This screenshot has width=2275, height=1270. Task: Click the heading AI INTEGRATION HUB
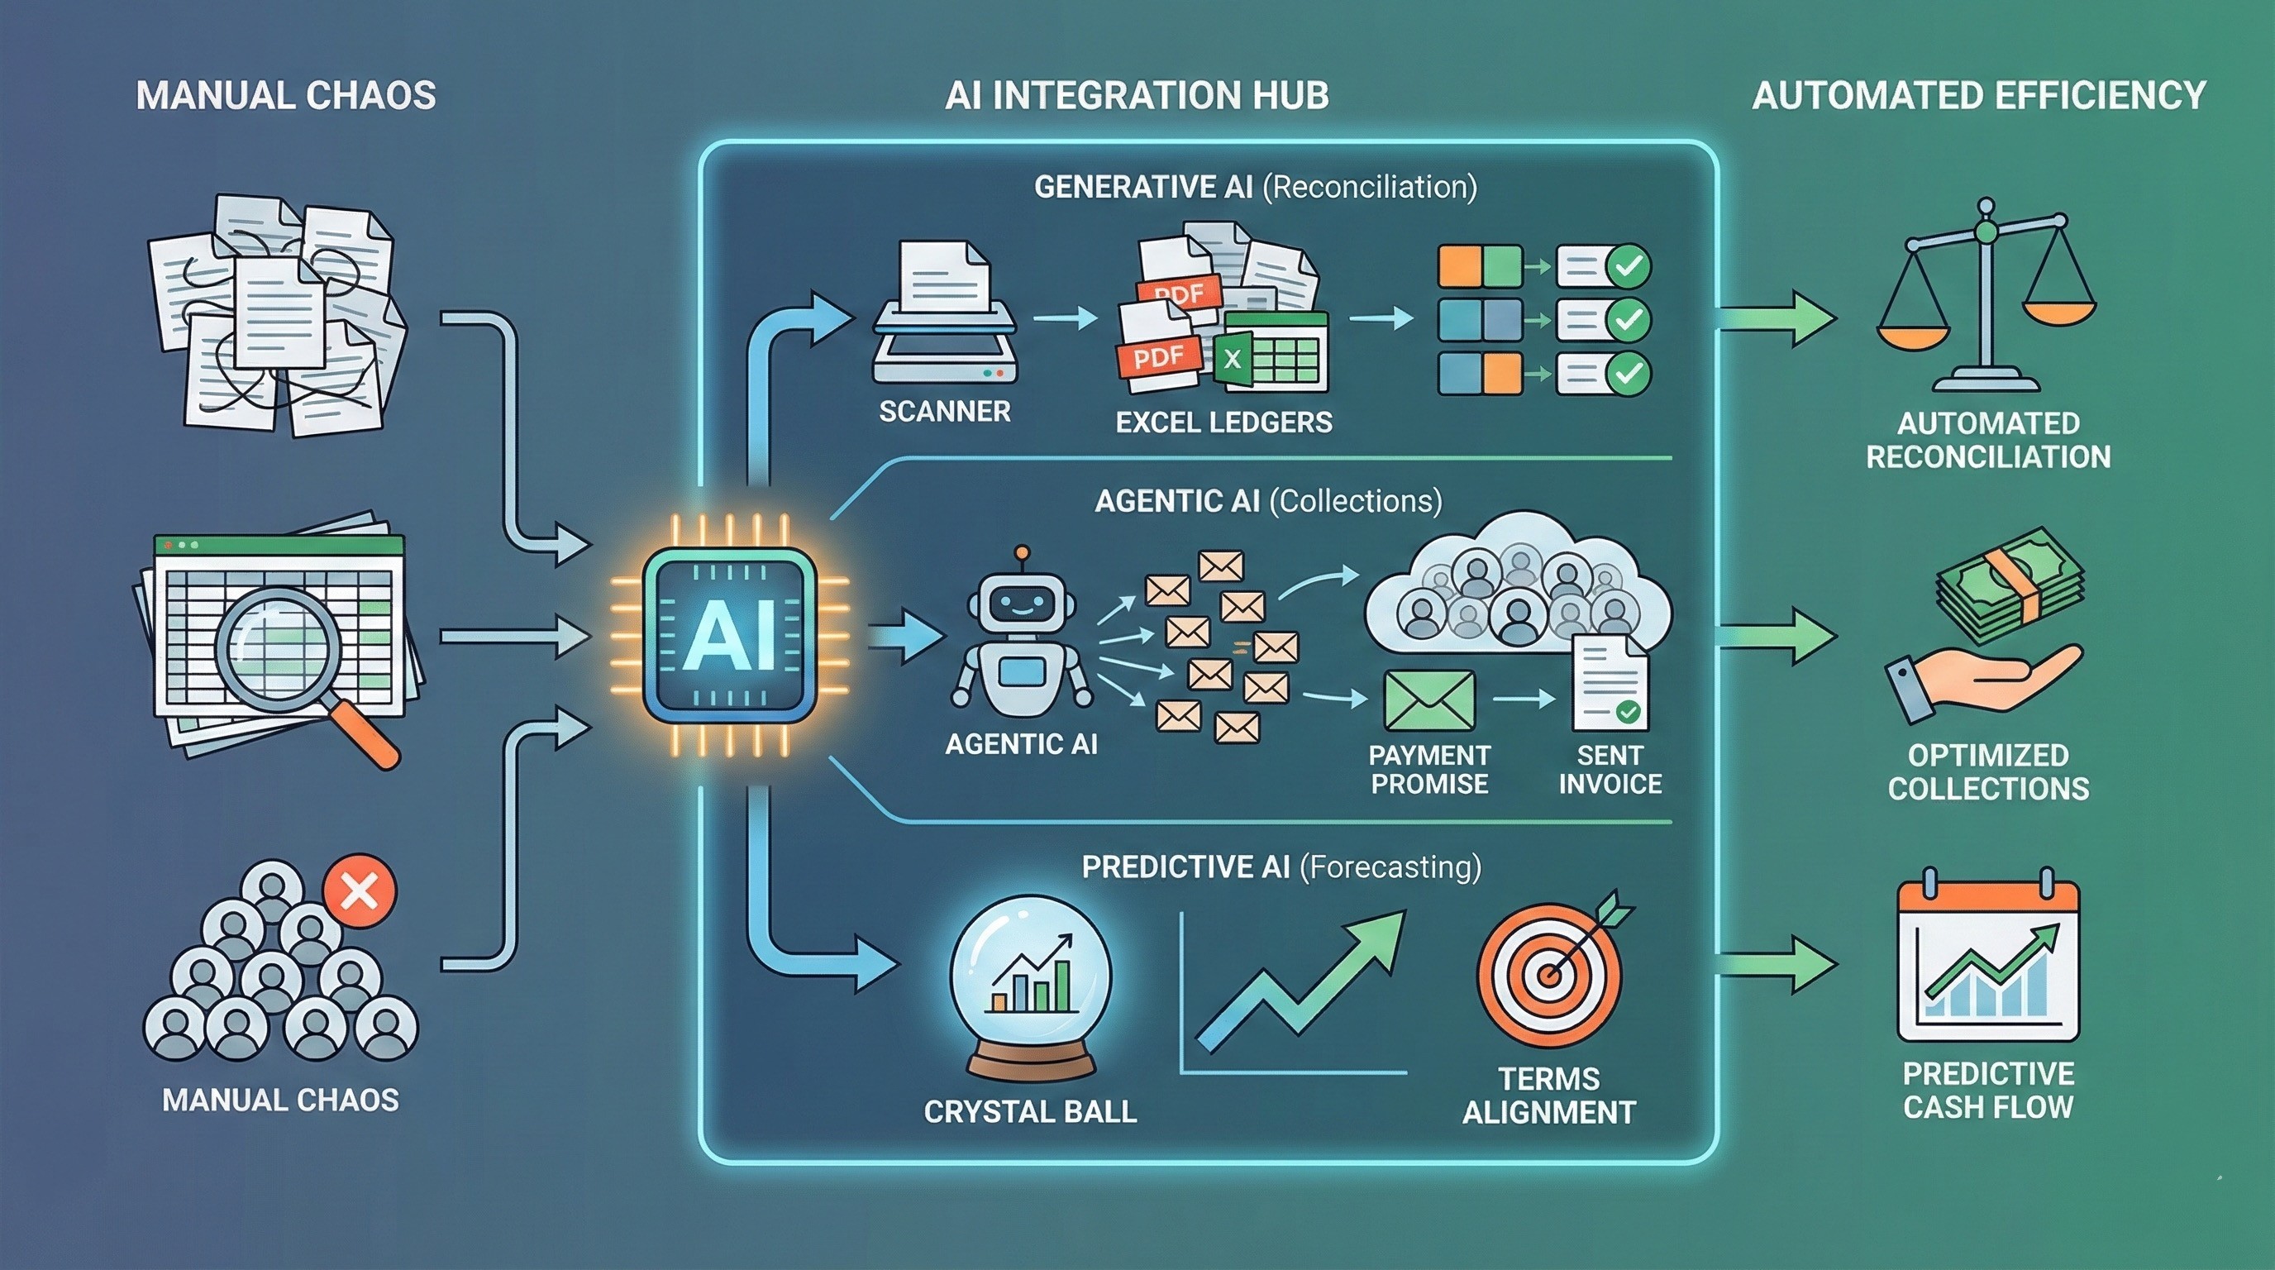(x=1136, y=95)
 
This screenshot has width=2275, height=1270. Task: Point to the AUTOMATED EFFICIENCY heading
(x=1979, y=95)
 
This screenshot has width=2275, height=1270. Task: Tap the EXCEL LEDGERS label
(x=1223, y=423)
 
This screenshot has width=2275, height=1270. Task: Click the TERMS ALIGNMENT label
(x=1549, y=1096)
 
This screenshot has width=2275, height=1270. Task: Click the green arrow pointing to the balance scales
(x=1775, y=318)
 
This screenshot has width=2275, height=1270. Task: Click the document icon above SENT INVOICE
(x=1609, y=682)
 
